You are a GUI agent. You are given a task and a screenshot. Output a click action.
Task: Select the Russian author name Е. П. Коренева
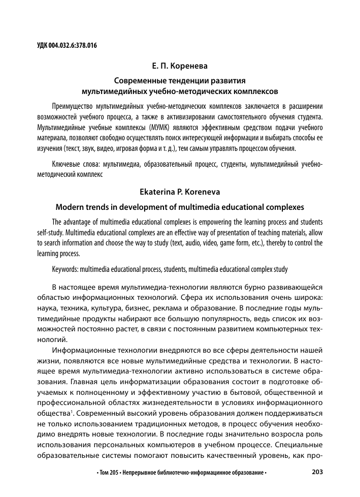(180, 67)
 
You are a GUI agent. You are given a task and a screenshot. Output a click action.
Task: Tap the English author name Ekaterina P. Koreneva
(180, 193)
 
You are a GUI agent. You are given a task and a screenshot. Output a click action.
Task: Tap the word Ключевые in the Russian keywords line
(68, 164)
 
